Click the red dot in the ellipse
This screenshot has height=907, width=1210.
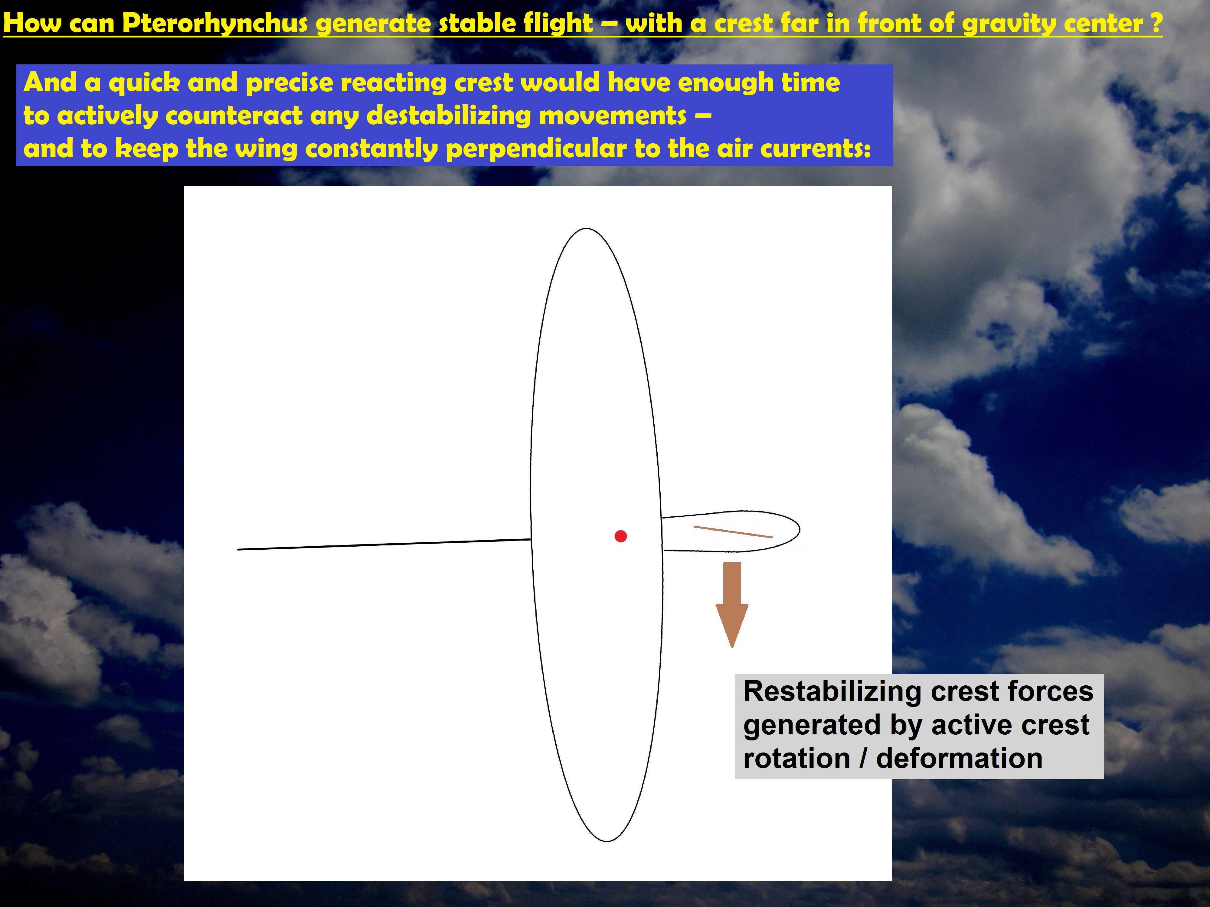click(x=620, y=536)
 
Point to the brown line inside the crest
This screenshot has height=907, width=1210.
click(x=733, y=532)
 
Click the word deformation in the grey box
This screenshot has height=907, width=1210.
click(x=959, y=758)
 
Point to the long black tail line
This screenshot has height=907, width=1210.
click(x=384, y=545)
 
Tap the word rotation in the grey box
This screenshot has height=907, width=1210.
click(x=796, y=758)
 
